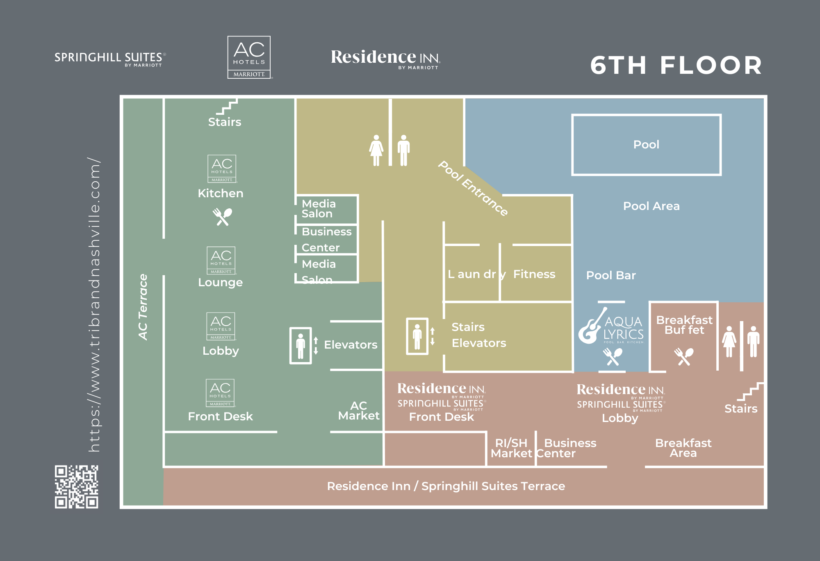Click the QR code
coord(77,486)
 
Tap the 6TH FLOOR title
coord(676,65)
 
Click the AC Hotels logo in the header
coord(249,57)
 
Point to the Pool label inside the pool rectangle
coord(646,144)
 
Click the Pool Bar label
coord(611,275)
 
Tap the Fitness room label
coord(534,274)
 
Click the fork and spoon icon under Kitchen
coord(222,217)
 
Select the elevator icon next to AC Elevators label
coord(301,345)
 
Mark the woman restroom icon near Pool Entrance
coord(376,151)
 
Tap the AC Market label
coord(359,410)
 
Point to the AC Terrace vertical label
coord(143,307)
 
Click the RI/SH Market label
coord(511,448)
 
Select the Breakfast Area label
coord(683,448)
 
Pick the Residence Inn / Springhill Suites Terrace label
coord(446,486)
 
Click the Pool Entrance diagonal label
coord(473,188)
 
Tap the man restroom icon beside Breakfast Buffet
coord(753,342)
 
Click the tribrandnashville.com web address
coord(94,305)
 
